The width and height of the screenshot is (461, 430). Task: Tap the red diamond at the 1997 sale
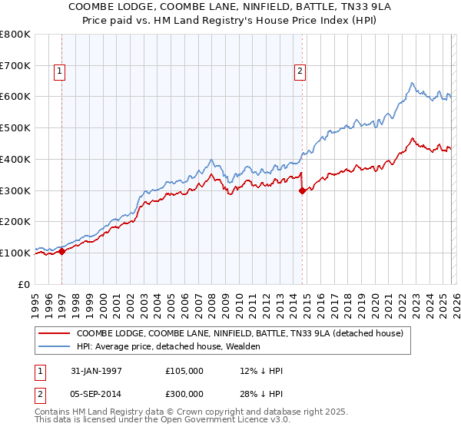[x=62, y=251]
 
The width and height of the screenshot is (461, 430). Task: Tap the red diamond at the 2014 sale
[x=302, y=191]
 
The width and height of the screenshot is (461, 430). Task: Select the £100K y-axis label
[x=15, y=253]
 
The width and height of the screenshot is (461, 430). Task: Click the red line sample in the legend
[x=54, y=333]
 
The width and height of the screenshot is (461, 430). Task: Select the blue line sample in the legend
[x=54, y=346]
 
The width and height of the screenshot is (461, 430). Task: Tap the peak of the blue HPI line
[x=413, y=83]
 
